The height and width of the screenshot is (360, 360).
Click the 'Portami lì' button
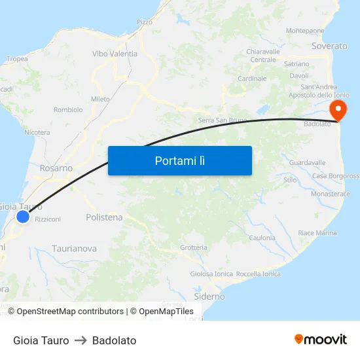(179, 160)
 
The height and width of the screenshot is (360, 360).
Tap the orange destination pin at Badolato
(338, 109)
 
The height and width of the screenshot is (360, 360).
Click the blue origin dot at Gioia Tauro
(23, 217)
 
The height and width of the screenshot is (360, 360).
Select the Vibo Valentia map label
(115, 54)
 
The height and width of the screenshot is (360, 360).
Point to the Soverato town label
(329, 46)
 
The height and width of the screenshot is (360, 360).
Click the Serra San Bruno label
(222, 120)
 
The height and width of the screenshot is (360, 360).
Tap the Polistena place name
(104, 217)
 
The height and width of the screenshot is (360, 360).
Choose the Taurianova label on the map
(75, 249)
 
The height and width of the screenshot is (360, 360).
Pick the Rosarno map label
(56, 168)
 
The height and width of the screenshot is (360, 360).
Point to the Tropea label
(17, 59)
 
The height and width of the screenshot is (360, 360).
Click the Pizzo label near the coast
(145, 22)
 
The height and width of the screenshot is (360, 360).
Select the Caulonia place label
(262, 238)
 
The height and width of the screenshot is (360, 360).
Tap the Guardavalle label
(307, 162)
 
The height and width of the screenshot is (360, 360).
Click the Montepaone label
(305, 31)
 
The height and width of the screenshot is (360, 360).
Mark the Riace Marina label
(317, 233)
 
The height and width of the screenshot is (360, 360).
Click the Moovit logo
(321, 340)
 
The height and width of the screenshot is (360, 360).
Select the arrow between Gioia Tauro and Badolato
(81, 340)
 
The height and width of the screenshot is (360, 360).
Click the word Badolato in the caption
(114, 340)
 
